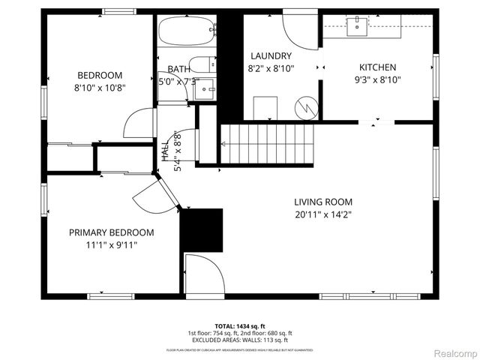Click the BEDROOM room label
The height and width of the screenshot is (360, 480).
tap(99, 75)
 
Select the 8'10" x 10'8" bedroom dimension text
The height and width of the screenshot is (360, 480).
tap(99, 88)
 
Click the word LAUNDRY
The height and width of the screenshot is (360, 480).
tap(271, 55)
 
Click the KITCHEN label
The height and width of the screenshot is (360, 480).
tap(377, 67)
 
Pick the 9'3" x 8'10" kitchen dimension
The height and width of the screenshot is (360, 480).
tap(377, 80)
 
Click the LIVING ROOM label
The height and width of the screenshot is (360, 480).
tap(322, 202)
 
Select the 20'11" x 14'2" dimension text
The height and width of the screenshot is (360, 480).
tap(322, 214)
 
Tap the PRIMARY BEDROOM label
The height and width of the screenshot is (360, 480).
tap(112, 232)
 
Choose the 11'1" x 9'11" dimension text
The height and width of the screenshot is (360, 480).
tap(112, 244)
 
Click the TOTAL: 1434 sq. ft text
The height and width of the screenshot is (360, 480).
tap(239, 326)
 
